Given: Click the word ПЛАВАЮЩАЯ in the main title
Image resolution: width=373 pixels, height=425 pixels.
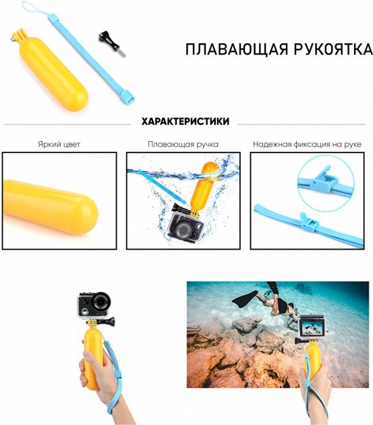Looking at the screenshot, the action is (x=236, y=49).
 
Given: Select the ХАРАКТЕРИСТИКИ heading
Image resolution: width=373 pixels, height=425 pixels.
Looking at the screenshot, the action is (x=185, y=121).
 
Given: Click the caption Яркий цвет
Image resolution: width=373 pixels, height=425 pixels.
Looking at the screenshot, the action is (x=59, y=144).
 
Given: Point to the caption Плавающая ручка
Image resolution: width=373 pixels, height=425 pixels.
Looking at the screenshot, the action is (x=183, y=144).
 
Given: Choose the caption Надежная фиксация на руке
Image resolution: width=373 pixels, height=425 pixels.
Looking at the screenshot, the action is (x=307, y=144).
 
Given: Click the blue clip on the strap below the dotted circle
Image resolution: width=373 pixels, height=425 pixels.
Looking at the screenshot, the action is (x=308, y=222).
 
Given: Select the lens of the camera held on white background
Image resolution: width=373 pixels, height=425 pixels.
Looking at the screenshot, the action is (x=101, y=301).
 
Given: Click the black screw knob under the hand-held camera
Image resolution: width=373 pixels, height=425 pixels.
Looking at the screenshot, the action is (x=111, y=322).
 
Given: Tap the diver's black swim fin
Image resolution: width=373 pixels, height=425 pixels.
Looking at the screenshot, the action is (x=245, y=299).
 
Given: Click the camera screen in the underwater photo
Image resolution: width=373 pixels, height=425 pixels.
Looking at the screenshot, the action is (x=312, y=327).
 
